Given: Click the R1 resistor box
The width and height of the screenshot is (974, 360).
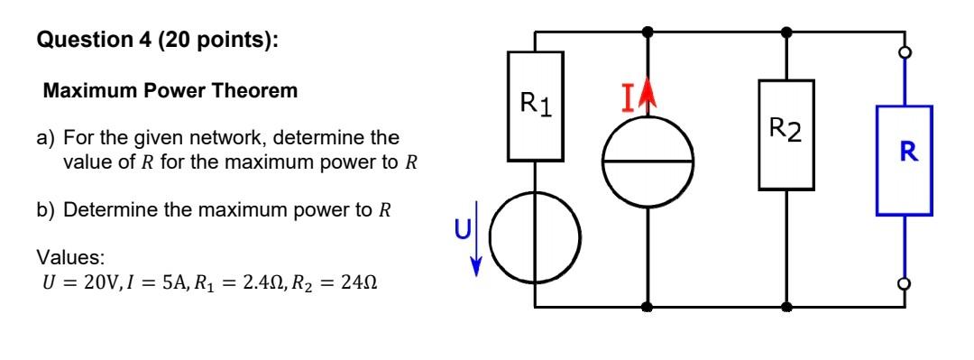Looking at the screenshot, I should coord(536,106).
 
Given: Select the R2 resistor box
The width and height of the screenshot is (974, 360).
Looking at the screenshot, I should coord(787,134).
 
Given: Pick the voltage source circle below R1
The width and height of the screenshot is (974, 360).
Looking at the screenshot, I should coord(536,236).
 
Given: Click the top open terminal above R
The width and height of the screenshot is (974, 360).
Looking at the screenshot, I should coord(905,52).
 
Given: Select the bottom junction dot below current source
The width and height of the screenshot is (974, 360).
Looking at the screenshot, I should coord(648,307).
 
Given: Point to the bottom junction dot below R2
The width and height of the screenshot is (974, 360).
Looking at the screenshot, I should coord(787,307).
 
